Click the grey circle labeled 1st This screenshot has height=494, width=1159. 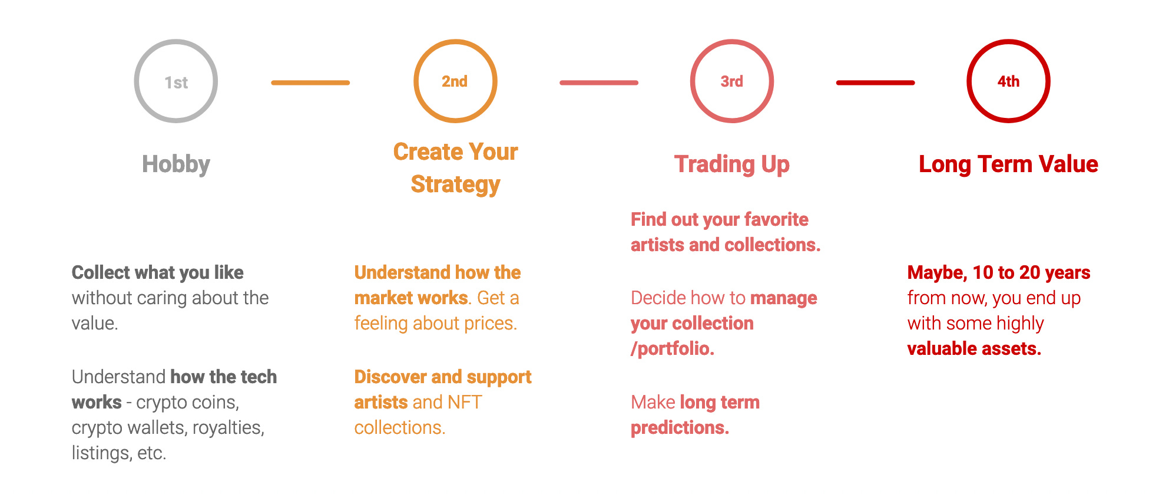pyautogui.click(x=175, y=81)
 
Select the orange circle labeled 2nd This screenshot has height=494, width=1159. pyautogui.click(x=455, y=81)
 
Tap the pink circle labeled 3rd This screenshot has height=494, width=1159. pyautogui.click(x=731, y=81)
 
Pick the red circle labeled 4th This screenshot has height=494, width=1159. pyautogui.click(x=1008, y=81)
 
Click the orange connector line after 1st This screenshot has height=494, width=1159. pyautogui.click(x=310, y=83)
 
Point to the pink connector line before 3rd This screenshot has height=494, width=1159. pyautogui.click(x=598, y=83)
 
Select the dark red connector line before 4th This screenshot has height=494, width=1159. pyautogui.click(x=875, y=83)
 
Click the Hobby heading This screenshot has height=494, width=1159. pyautogui.click(x=175, y=164)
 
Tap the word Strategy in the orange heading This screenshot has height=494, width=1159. pyautogui.click(x=455, y=185)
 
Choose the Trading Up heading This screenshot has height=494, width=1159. pyautogui.click(x=731, y=164)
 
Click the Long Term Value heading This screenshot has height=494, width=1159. pyautogui.click(x=1008, y=164)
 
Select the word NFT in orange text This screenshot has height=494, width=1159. pyautogui.click(x=465, y=402)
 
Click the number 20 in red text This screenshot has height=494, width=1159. pyautogui.click(x=1029, y=272)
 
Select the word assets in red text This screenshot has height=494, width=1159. pyautogui.click(x=1013, y=349)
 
